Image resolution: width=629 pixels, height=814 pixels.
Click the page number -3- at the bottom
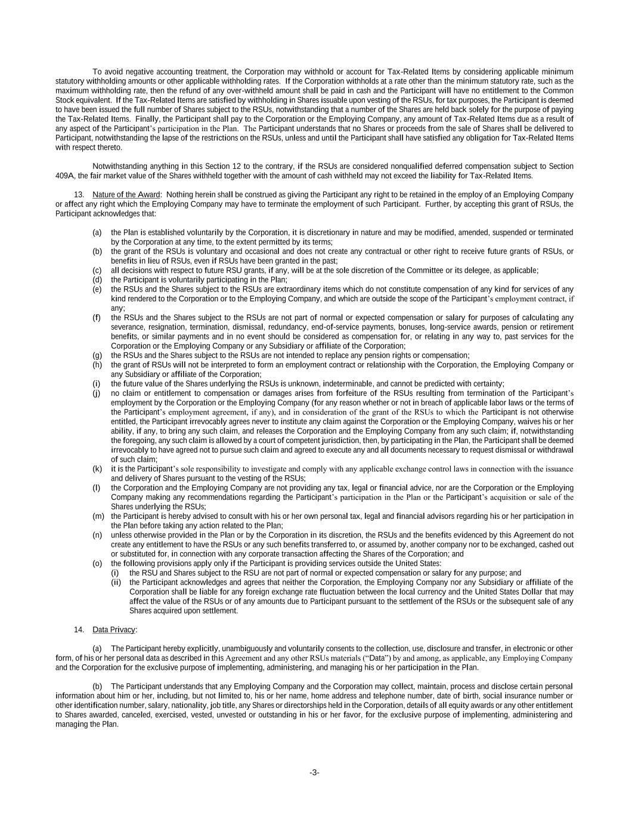tap(314, 773)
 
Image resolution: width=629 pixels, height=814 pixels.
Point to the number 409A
tap(65, 176)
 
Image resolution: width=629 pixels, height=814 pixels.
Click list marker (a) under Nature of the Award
tap(97, 233)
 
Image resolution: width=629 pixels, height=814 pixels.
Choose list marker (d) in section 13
tap(97, 280)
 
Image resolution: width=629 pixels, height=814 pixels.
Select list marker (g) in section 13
tap(97, 355)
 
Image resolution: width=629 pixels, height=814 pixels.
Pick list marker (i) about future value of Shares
tap(97, 384)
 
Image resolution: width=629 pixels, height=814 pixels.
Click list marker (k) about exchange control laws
tap(97, 469)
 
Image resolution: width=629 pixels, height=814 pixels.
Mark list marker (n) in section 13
tap(97, 535)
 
